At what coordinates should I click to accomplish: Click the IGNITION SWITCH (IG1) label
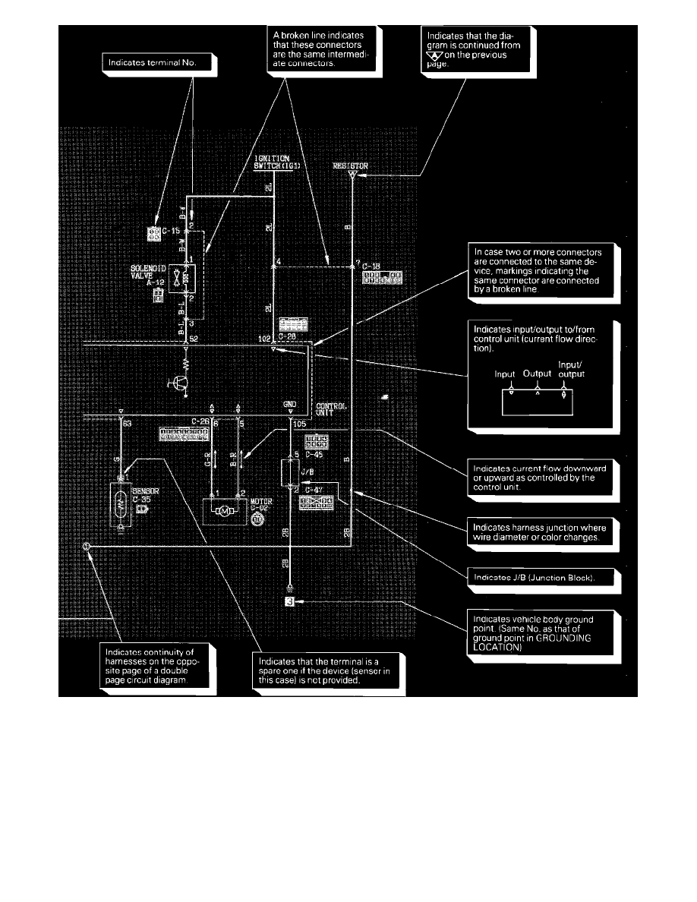tap(274, 162)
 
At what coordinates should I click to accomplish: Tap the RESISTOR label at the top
tap(350, 166)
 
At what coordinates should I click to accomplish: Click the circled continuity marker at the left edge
tap(87, 546)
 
